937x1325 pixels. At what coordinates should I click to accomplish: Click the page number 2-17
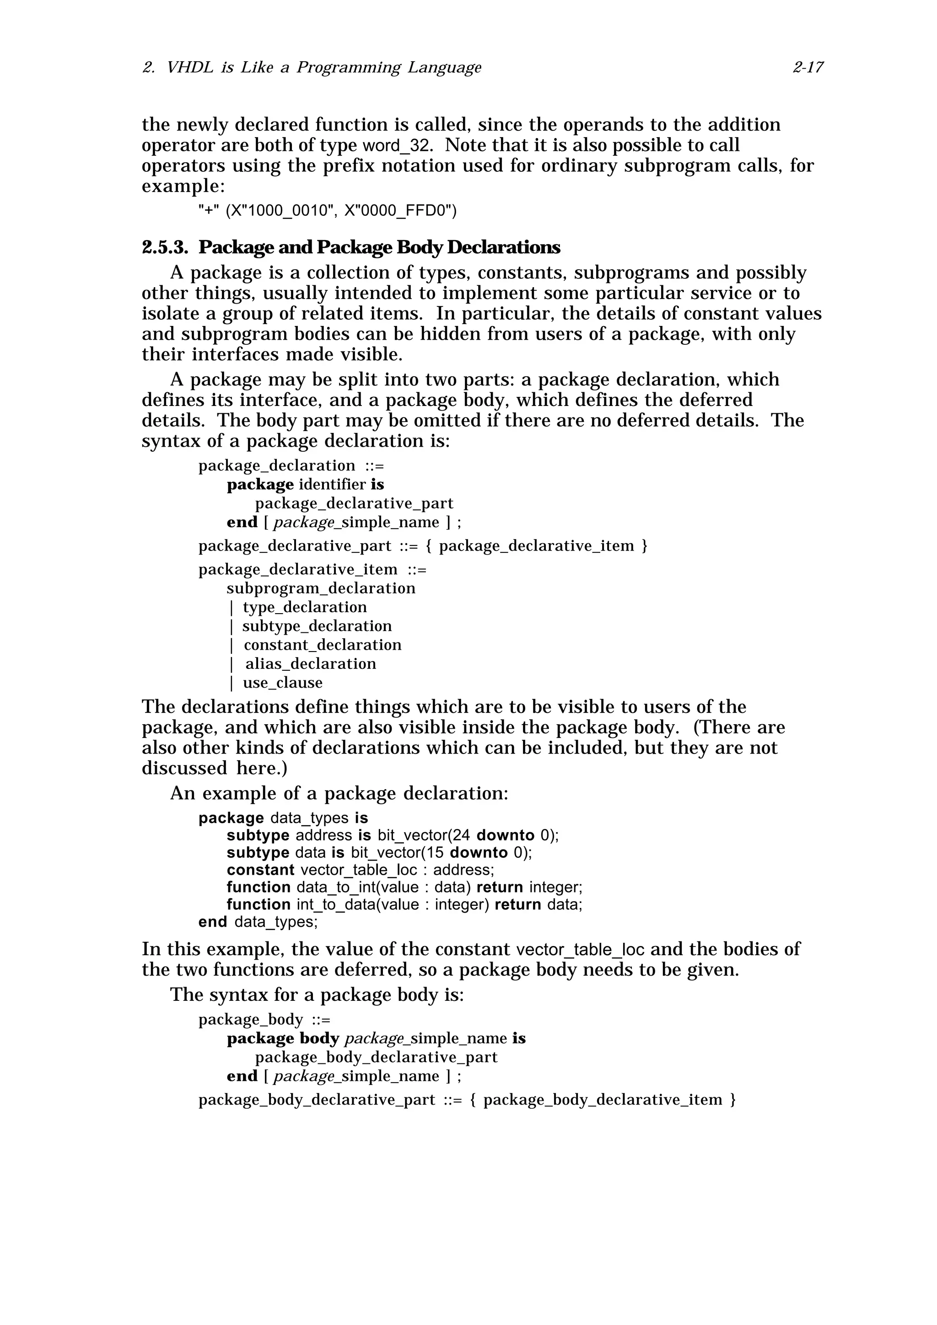807,68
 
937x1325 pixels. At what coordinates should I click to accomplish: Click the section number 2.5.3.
165,247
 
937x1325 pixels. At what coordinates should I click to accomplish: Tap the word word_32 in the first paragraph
397,145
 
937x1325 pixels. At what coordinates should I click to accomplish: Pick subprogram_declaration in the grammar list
321,588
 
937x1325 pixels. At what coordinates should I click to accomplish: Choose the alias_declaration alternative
311,664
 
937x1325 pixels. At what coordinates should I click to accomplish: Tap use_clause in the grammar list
282,683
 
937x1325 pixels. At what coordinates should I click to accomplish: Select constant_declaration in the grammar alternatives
322,645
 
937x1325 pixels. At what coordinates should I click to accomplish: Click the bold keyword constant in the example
260,870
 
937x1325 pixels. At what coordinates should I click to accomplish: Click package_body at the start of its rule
251,1020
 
